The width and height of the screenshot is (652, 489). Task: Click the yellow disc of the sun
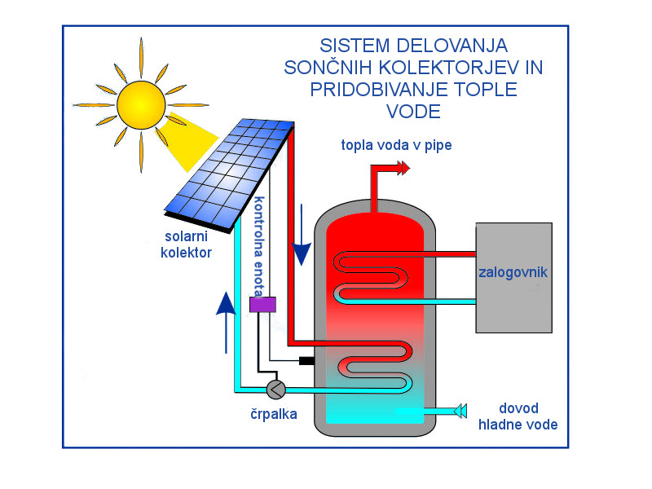point(140,104)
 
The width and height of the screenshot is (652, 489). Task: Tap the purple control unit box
point(262,305)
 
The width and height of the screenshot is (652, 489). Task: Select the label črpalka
point(274,414)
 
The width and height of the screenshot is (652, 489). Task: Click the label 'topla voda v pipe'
point(396,145)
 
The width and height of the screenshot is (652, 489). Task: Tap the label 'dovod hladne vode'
point(518,416)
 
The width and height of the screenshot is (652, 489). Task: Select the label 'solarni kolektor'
point(187,244)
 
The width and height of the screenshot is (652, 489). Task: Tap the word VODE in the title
point(413,112)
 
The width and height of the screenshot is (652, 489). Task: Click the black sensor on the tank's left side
point(307,361)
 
